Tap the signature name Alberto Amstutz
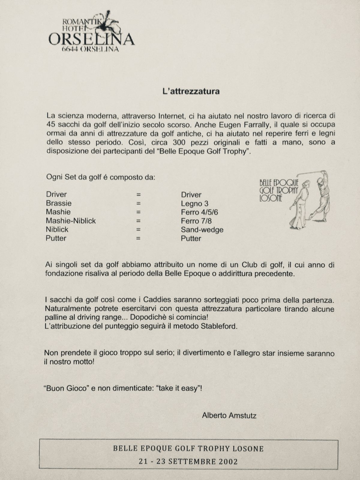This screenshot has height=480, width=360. tap(229, 415)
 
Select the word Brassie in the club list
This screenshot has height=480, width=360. tap(59, 203)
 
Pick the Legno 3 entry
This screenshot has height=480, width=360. tap(194, 204)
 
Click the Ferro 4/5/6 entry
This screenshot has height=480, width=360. tap(199, 212)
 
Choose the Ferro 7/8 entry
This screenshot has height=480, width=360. tap(195, 221)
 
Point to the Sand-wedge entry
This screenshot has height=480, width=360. tap(202, 230)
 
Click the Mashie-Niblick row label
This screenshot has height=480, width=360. tap(71, 221)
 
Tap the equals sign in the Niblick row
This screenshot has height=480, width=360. tap(139, 230)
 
